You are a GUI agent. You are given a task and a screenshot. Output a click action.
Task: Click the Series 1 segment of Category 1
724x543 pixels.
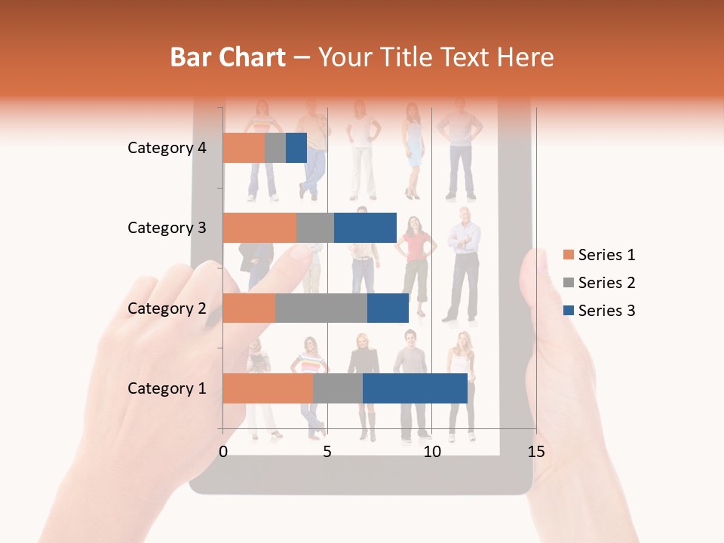[x=268, y=388]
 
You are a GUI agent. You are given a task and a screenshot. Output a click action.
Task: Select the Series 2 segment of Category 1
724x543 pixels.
[x=337, y=388]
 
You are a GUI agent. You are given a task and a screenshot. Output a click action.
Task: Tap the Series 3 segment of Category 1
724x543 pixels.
[x=415, y=388]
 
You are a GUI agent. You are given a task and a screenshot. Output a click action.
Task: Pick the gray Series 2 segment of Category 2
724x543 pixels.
[x=321, y=308]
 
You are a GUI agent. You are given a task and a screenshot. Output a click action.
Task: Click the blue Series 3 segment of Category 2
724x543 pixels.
[x=388, y=308]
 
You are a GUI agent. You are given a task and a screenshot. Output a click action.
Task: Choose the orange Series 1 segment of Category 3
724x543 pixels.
[x=259, y=228]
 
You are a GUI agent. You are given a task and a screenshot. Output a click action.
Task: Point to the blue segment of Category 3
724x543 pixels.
[x=365, y=228]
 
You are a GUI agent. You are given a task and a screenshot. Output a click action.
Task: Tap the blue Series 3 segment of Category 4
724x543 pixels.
[x=296, y=148]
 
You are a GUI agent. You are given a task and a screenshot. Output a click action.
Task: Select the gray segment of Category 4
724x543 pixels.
[x=275, y=148]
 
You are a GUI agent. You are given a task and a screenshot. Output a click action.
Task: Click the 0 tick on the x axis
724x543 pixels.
[x=223, y=452]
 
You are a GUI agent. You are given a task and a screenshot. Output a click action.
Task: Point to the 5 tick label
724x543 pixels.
[x=327, y=452]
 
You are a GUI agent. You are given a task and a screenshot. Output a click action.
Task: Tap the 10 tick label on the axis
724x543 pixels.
[x=431, y=452]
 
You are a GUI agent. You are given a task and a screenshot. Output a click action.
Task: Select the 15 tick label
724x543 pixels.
[x=535, y=452]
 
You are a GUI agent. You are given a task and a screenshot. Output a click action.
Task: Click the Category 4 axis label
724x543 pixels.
[x=167, y=148]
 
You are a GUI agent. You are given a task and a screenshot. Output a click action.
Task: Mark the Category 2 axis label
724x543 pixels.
[x=167, y=308]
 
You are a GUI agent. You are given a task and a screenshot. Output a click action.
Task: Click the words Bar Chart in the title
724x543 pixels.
[x=228, y=57]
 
